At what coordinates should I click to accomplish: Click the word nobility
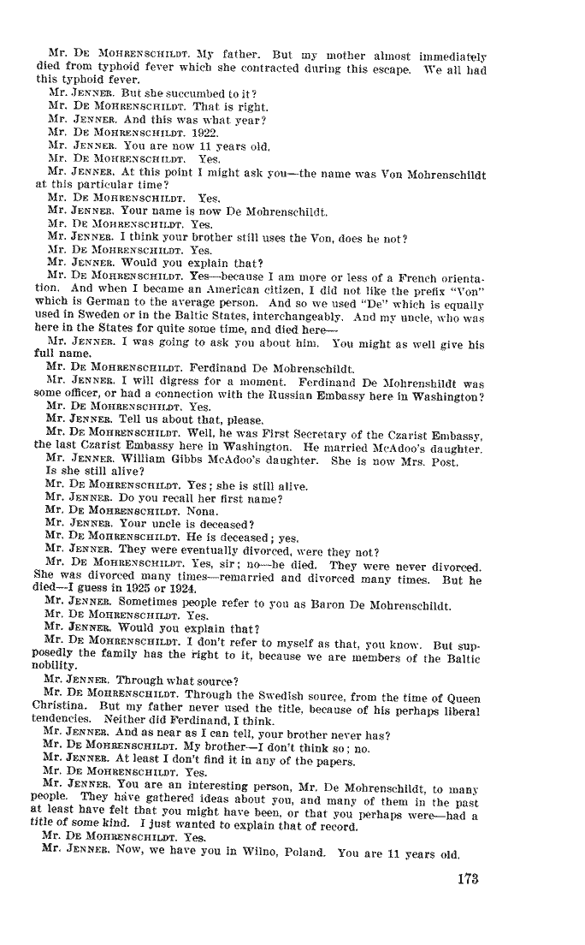pyautogui.click(x=56, y=664)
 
